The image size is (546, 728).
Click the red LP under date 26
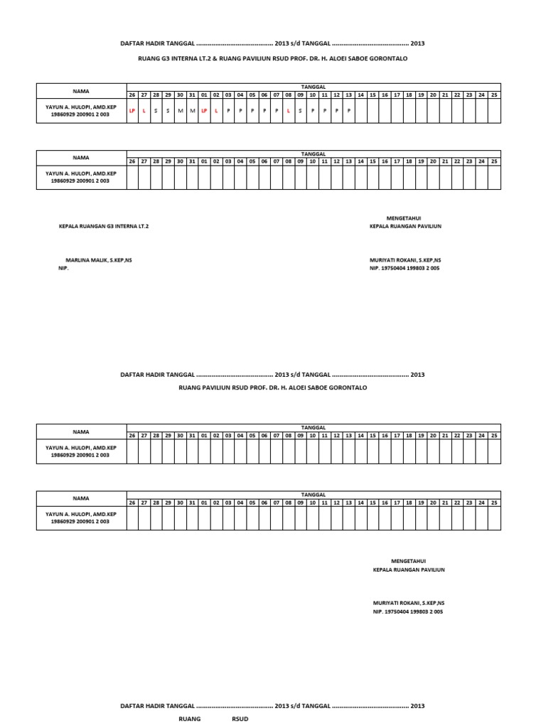click(x=132, y=111)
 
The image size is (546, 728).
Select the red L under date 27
click(x=144, y=111)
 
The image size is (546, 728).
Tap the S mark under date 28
click(x=156, y=111)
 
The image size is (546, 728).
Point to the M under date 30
click(x=180, y=111)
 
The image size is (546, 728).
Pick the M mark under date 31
click(x=192, y=111)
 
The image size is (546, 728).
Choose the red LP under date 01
click(x=204, y=111)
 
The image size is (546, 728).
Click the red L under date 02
click(x=215, y=111)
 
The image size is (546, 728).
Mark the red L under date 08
click(x=288, y=111)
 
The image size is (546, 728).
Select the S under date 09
click(x=300, y=111)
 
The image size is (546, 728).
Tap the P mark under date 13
click(x=348, y=111)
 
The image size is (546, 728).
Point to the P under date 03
click(x=228, y=111)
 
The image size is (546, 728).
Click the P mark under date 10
click(x=312, y=111)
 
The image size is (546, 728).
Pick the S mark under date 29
click(x=168, y=111)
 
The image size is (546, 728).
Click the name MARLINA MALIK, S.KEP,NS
click(x=99, y=260)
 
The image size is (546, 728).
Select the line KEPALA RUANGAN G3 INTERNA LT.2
click(x=104, y=226)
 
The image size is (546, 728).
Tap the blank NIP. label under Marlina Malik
click(x=64, y=269)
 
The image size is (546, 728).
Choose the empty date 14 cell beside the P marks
click(x=360, y=111)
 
